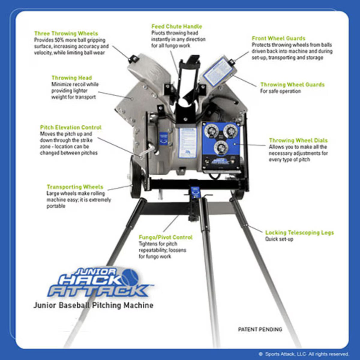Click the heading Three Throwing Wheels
click(x=66, y=33)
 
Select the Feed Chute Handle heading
click(x=176, y=26)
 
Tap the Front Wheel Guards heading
click(x=278, y=38)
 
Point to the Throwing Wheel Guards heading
click(x=292, y=85)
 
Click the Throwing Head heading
click(x=72, y=78)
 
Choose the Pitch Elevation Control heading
click(x=71, y=127)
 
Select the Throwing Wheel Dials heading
click(x=298, y=140)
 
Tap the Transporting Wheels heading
click(x=75, y=187)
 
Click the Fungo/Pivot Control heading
click(x=166, y=237)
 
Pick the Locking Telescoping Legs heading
click(x=299, y=232)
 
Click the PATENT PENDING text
click(x=260, y=329)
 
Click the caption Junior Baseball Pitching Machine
click(x=93, y=305)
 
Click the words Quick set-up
click(x=279, y=239)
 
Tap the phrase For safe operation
click(x=280, y=91)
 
